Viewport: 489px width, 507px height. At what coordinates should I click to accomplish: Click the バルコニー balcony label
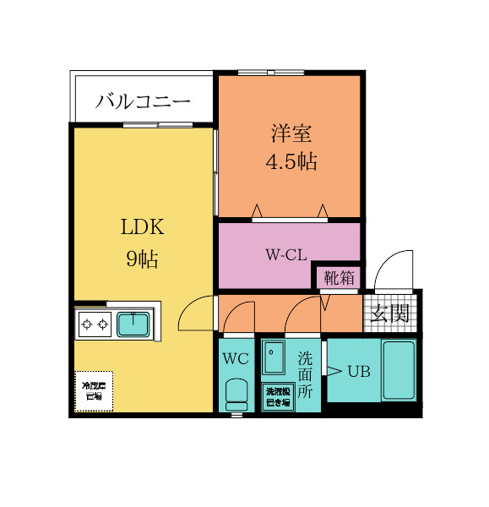(143, 101)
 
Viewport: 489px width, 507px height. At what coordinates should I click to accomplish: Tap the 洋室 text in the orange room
(291, 133)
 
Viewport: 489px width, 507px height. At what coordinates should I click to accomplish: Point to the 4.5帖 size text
(291, 162)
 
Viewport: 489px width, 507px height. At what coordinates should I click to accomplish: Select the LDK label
(142, 227)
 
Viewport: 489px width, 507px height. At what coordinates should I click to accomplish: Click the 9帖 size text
(142, 259)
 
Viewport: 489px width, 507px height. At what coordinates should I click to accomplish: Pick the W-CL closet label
(285, 254)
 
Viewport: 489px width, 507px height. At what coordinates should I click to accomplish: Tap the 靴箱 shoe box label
(339, 277)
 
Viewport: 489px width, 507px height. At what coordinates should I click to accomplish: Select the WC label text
(236, 357)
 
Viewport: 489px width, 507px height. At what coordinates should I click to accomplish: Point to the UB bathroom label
(359, 370)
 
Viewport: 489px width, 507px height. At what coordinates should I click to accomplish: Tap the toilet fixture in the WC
(236, 393)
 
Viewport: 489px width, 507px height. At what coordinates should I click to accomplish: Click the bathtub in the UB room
(399, 369)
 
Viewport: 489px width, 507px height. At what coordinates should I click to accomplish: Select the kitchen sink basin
(133, 324)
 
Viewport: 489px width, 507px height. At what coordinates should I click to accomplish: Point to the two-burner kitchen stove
(95, 324)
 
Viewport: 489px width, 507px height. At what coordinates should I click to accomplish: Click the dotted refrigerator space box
(93, 391)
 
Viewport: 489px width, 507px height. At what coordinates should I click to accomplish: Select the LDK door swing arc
(196, 312)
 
